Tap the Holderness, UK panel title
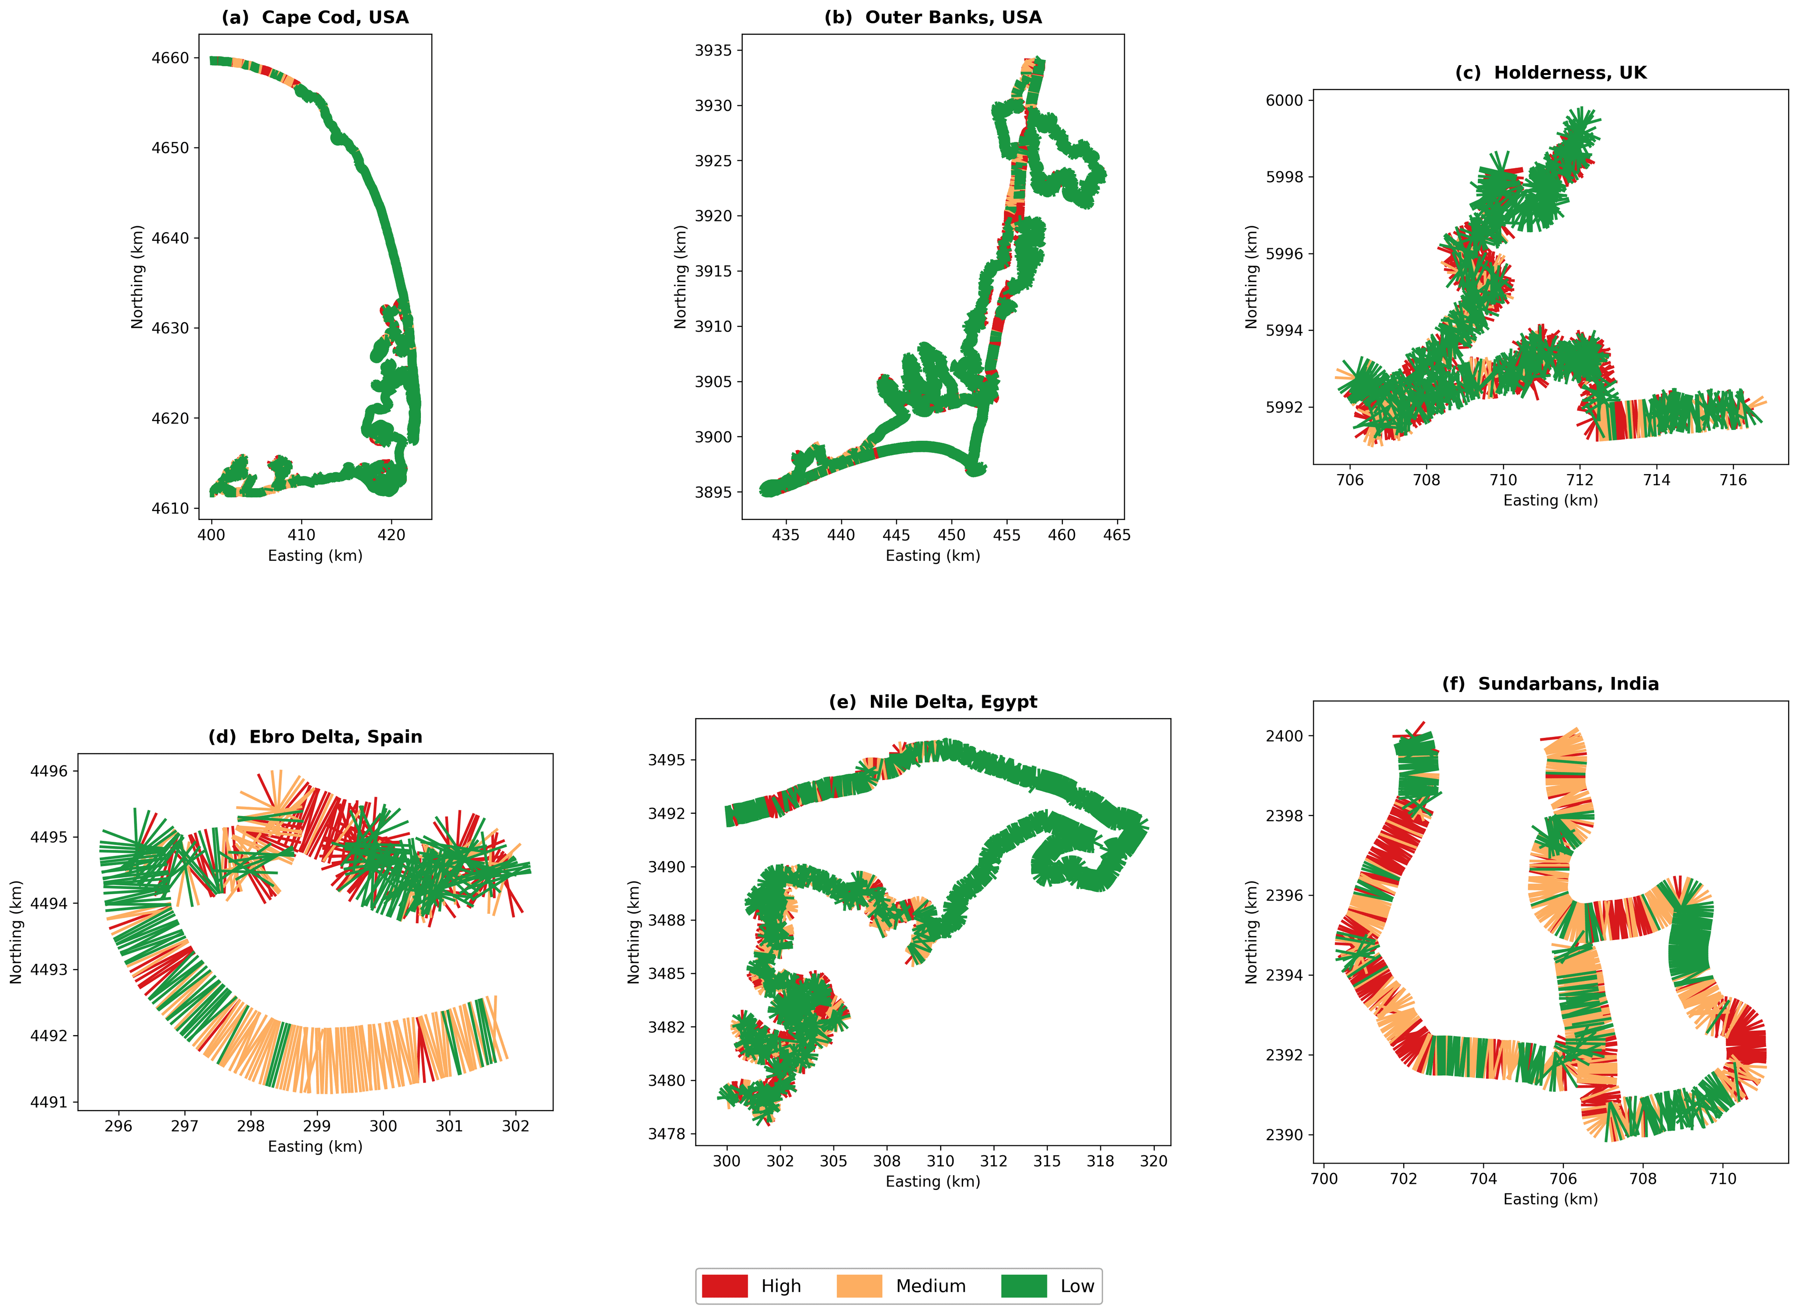[1550, 73]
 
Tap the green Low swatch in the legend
[1024, 1286]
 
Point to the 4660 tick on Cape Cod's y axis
[170, 58]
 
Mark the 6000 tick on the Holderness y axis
[1284, 101]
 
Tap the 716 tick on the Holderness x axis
[1733, 480]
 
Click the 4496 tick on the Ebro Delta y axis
[49, 771]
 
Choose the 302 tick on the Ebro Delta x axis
[516, 1126]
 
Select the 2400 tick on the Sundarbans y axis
[1284, 736]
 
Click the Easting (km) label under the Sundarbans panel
[1550, 1199]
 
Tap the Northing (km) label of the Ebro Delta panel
[16, 932]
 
